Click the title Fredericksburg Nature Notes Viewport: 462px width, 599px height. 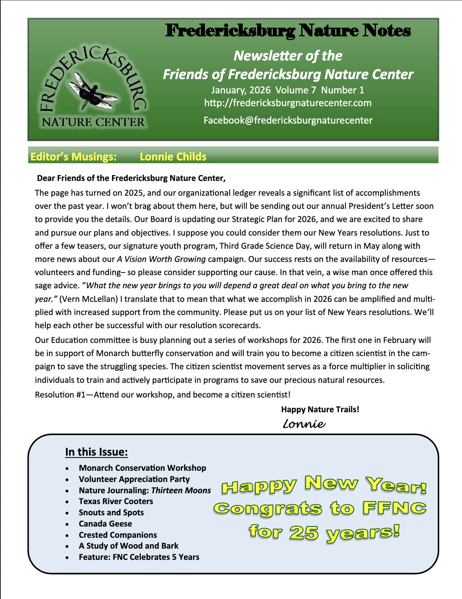(288, 31)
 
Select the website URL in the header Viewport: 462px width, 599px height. (288, 103)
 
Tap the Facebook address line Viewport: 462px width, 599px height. (288, 120)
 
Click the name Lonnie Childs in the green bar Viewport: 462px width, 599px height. (173, 157)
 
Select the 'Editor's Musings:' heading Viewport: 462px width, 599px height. (73, 157)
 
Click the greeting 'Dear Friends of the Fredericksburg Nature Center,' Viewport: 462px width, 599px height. (131, 178)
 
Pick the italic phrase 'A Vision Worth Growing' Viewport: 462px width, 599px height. (161, 259)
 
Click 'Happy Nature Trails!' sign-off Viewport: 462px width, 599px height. (320, 410)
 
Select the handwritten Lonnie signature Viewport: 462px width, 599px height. (304, 423)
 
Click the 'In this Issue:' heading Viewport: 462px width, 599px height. (97, 452)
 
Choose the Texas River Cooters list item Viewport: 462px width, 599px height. (116, 501)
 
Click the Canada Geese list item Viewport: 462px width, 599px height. (105, 524)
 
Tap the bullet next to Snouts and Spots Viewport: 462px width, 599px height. (68, 513)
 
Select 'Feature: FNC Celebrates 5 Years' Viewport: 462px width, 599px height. (139, 557)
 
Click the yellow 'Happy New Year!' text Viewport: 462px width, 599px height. (324, 485)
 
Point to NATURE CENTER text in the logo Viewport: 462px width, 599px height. (93, 122)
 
